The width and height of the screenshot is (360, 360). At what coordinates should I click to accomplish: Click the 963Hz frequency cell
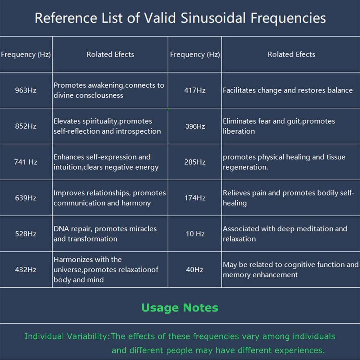tap(26, 90)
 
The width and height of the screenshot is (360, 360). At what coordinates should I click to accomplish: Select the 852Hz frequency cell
tap(26, 126)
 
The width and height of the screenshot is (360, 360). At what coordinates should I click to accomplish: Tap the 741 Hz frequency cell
tap(26, 162)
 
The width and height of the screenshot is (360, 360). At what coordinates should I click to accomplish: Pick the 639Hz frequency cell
tap(26, 198)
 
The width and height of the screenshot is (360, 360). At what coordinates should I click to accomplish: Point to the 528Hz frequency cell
tap(26, 234)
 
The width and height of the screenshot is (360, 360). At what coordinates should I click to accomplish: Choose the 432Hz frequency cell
tap(26, 270)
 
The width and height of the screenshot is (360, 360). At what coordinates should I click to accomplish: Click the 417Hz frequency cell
tap(195, 90)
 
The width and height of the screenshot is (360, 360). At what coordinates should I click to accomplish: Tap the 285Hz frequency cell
tap(195, 162)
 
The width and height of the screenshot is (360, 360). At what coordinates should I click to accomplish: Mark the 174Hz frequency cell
tap(195, 198)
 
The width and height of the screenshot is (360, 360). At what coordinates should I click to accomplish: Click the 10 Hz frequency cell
tap(195, 234)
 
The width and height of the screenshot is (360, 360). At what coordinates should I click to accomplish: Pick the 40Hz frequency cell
tap(194, 270)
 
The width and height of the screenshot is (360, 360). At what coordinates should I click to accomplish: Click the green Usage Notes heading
tap(180, 308)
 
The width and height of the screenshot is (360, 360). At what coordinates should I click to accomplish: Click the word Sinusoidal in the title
tap(213, 18)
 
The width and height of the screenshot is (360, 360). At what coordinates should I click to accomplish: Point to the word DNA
tap(61, 229)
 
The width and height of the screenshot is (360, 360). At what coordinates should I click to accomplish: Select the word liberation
tap(239, 131)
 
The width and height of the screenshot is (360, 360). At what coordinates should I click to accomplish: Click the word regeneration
tap(245, 167)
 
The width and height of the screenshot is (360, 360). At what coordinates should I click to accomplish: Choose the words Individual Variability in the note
tap(66, 336)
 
